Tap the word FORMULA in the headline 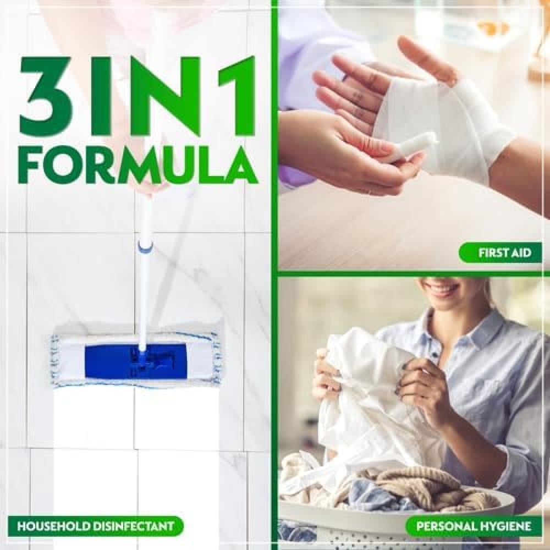coord(138,164)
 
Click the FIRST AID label coord(500,252)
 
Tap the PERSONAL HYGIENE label coord(474,526)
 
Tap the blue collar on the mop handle coord(146,245)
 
